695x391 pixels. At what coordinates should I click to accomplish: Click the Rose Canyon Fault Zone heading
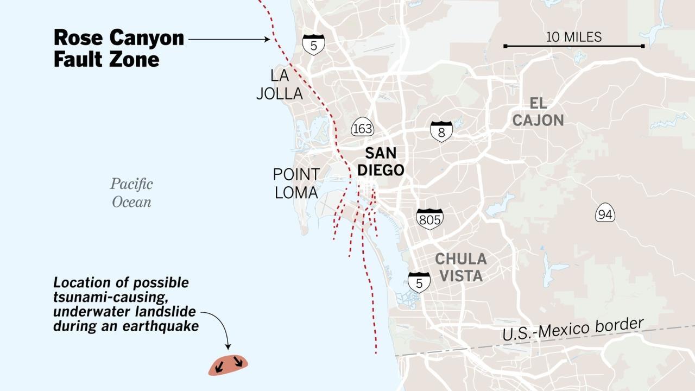(x=118, y=48)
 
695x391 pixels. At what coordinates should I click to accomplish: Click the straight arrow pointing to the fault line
(x=229, y=39)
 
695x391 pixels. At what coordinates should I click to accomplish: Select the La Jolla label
(x=279, y=84)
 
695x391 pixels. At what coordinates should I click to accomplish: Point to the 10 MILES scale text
(x=573, y=37)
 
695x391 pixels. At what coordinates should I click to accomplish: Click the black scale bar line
(x=573, y=46)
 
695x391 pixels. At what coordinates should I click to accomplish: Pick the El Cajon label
(x=538, y=112)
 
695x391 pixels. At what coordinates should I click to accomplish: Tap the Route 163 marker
(x=362, y=128)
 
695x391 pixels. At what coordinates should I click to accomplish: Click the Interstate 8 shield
(x=441, y=131)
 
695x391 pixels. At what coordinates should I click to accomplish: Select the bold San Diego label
(x=380, y=161)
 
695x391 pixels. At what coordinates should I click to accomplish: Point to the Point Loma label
(x=296, y=184)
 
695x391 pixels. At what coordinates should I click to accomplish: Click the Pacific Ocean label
(x=131, y=192)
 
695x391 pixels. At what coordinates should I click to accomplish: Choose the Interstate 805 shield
(x=429, y=218)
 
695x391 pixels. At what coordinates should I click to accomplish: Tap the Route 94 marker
(x=604, y=214)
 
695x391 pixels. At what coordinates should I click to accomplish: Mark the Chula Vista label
(x=460, y=267)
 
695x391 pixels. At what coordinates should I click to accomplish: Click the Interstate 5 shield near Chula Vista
(x=419, y=282)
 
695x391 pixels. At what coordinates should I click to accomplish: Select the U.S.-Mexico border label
(x=573, y=330)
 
